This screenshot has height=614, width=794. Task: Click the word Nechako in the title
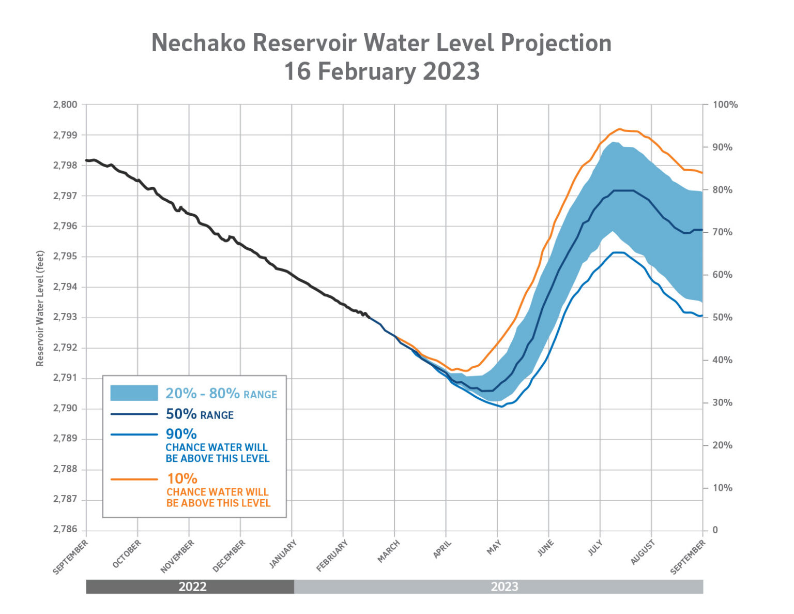coord(198,43)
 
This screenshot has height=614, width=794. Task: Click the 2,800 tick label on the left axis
coord(65,104)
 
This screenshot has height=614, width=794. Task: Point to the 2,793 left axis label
coord(65,317)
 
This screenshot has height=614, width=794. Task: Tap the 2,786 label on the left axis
coord(65,530)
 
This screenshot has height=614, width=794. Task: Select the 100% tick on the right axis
coord(725,104)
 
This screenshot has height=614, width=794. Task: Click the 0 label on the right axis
coord(715,530)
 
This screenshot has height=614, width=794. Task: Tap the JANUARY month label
coord(283,554)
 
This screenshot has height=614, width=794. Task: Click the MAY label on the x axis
coord(494,548)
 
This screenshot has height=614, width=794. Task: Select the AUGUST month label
coord(643,552)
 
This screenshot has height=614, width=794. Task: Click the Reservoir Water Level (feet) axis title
coord(40,308)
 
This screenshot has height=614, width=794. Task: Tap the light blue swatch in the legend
coord(134,393)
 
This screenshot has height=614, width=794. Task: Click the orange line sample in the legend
coord(134,480)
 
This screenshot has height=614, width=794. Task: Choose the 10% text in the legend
coord(182,478)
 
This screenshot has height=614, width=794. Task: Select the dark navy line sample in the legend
coord(134,414)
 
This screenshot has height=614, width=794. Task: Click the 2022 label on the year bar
coord(192,587)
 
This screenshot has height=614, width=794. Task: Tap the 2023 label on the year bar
coord(504,587)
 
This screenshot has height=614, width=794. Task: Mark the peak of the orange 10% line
coord(619,129)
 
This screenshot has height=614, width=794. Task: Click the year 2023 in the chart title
coord(451,71)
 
